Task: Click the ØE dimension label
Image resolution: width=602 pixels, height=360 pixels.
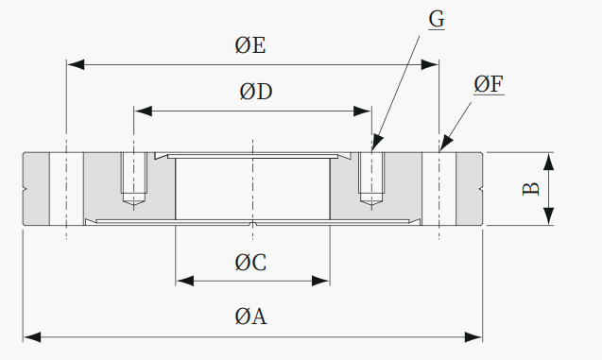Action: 249,45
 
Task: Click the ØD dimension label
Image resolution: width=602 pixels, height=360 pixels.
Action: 256,92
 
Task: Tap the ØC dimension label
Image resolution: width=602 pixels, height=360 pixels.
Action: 250,263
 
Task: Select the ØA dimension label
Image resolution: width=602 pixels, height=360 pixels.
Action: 250,317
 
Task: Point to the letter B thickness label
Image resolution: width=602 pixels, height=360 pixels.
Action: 531,189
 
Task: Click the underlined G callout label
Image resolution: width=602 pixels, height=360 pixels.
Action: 437,19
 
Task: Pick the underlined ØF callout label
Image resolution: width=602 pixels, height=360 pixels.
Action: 489,84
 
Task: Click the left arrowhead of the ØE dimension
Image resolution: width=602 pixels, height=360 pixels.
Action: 76,64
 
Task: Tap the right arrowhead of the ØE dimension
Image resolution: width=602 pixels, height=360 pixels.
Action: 430,64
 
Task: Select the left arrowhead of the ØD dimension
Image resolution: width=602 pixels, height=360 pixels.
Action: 144,111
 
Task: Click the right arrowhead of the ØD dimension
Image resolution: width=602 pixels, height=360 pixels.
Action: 363,111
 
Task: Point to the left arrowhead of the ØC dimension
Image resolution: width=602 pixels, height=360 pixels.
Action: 184,281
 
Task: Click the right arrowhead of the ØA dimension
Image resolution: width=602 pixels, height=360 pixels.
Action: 473,337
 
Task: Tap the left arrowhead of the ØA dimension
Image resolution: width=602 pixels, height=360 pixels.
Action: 32,337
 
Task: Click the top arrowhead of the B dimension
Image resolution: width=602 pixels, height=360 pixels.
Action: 549,162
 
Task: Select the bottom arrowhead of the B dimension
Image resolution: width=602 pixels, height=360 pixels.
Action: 549,216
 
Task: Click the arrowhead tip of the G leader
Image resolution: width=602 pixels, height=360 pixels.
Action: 372,151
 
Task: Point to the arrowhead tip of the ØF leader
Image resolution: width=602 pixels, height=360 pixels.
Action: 440,151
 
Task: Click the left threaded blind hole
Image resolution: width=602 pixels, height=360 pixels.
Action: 133,178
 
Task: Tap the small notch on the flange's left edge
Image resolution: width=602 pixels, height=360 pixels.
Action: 25,189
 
